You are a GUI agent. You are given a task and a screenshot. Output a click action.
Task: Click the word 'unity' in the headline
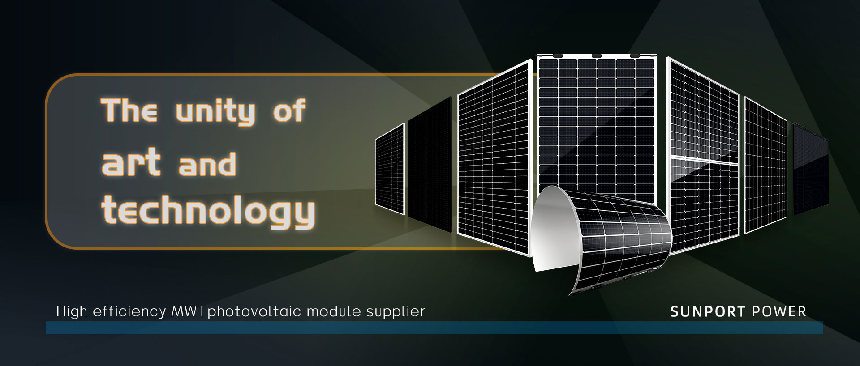click(215, 112)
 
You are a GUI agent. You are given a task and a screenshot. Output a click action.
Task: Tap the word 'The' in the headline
click(129, 110)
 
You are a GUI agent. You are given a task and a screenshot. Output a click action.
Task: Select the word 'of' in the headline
click(289, 110)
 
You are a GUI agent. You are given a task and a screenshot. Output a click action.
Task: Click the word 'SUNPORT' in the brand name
click(708, 312)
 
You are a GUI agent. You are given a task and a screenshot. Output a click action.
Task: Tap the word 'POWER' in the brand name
click(779, 312)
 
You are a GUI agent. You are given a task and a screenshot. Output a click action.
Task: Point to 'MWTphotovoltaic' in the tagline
click(231, 311)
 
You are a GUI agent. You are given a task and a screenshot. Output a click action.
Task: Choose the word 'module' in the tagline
click(329, 311)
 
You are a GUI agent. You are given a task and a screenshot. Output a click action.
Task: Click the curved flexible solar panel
click(623, 251)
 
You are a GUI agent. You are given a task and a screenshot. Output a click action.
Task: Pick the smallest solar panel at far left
click(390, 168)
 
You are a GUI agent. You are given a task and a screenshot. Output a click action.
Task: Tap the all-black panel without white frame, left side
click(430, 164)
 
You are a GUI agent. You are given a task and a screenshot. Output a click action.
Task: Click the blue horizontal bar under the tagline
click(434, 328)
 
